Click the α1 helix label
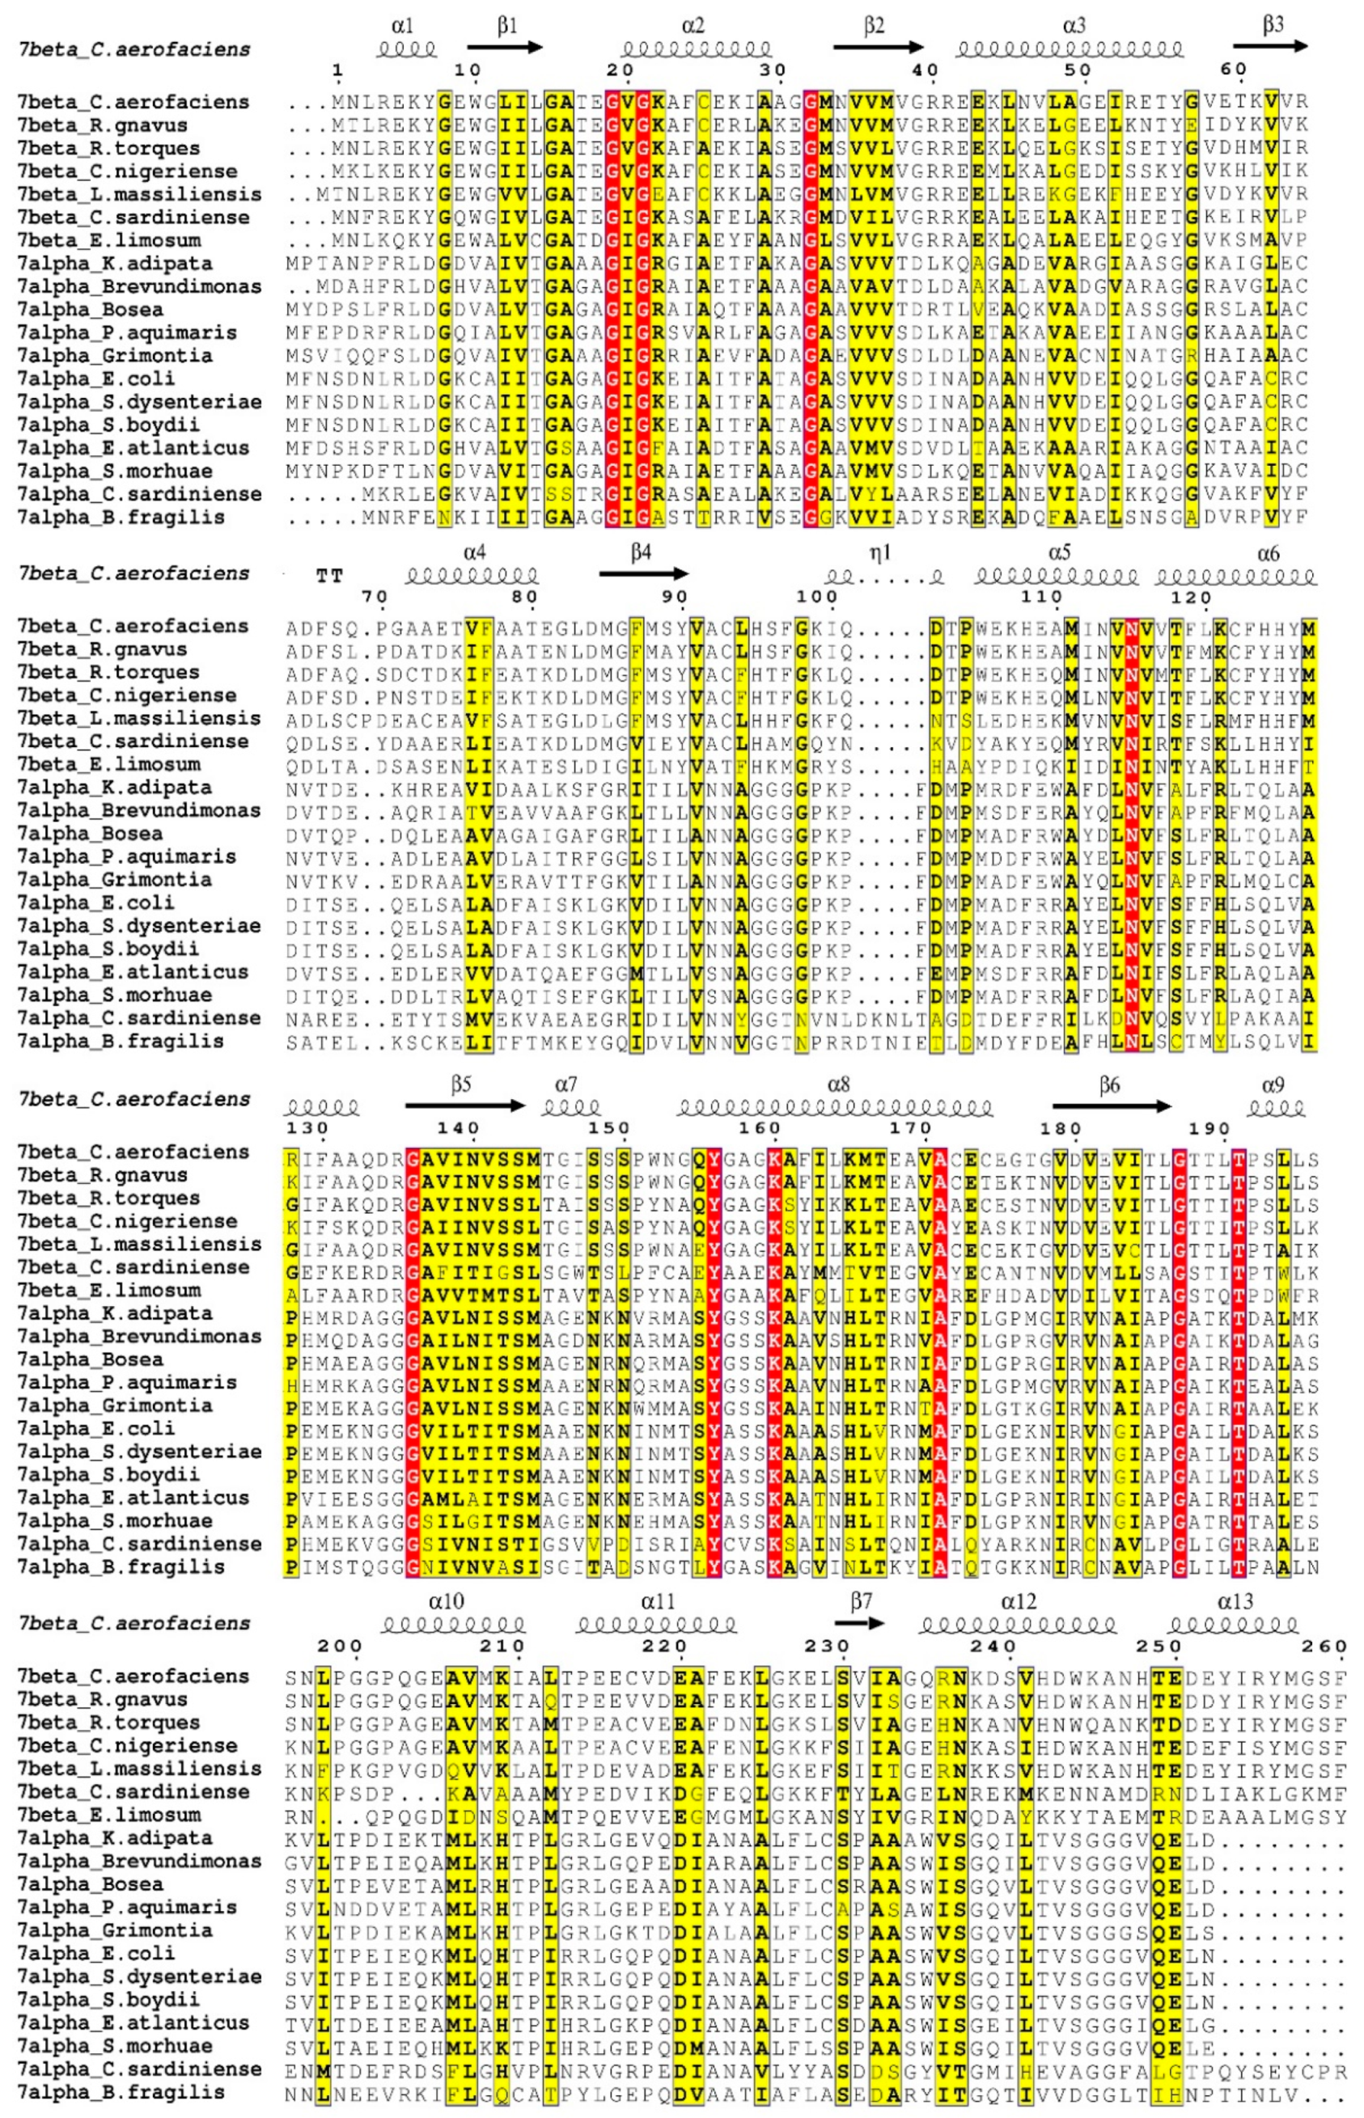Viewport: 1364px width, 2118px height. (x=401, y=26)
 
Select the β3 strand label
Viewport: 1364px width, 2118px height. (x=1273, y=25)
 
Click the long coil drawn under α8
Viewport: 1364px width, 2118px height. (x=834, y=1107)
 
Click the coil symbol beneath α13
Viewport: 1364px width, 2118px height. (x=1234, y=1625)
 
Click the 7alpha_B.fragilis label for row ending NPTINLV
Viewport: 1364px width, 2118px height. (x=121, y=2091)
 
